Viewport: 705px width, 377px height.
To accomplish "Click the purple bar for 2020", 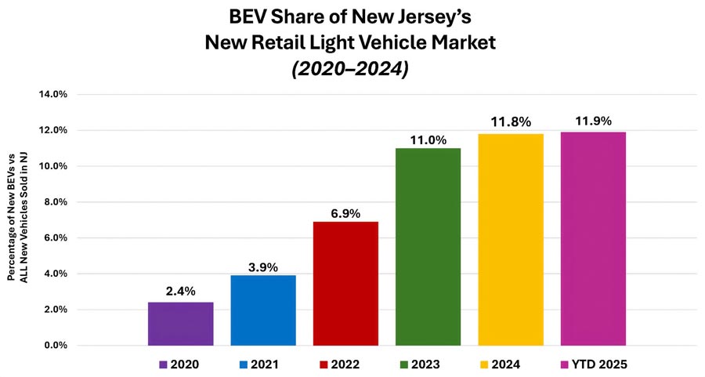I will tap(180, 324).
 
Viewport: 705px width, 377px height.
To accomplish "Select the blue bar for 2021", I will tap(263, 310).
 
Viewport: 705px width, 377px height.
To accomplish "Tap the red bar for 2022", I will tap(345, 283).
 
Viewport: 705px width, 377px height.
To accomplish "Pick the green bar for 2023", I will tap(428, 247).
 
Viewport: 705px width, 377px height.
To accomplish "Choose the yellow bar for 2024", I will tap(511, 240).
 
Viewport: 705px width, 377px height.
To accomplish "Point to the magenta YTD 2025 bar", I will tap(594, 239).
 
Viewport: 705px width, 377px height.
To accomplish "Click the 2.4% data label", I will tap(180, 292).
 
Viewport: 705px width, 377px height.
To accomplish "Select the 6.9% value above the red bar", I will tap(345, 212).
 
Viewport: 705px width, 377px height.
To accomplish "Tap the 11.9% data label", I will tap(594, 121).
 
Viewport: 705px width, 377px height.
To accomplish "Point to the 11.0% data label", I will tap(428, 140).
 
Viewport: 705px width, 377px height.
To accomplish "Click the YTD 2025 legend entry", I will tap(595, 364).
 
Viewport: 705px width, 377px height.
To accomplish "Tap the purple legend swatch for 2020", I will tap(163, 364).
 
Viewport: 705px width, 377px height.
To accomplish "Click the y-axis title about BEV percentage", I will tap(16, 219).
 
